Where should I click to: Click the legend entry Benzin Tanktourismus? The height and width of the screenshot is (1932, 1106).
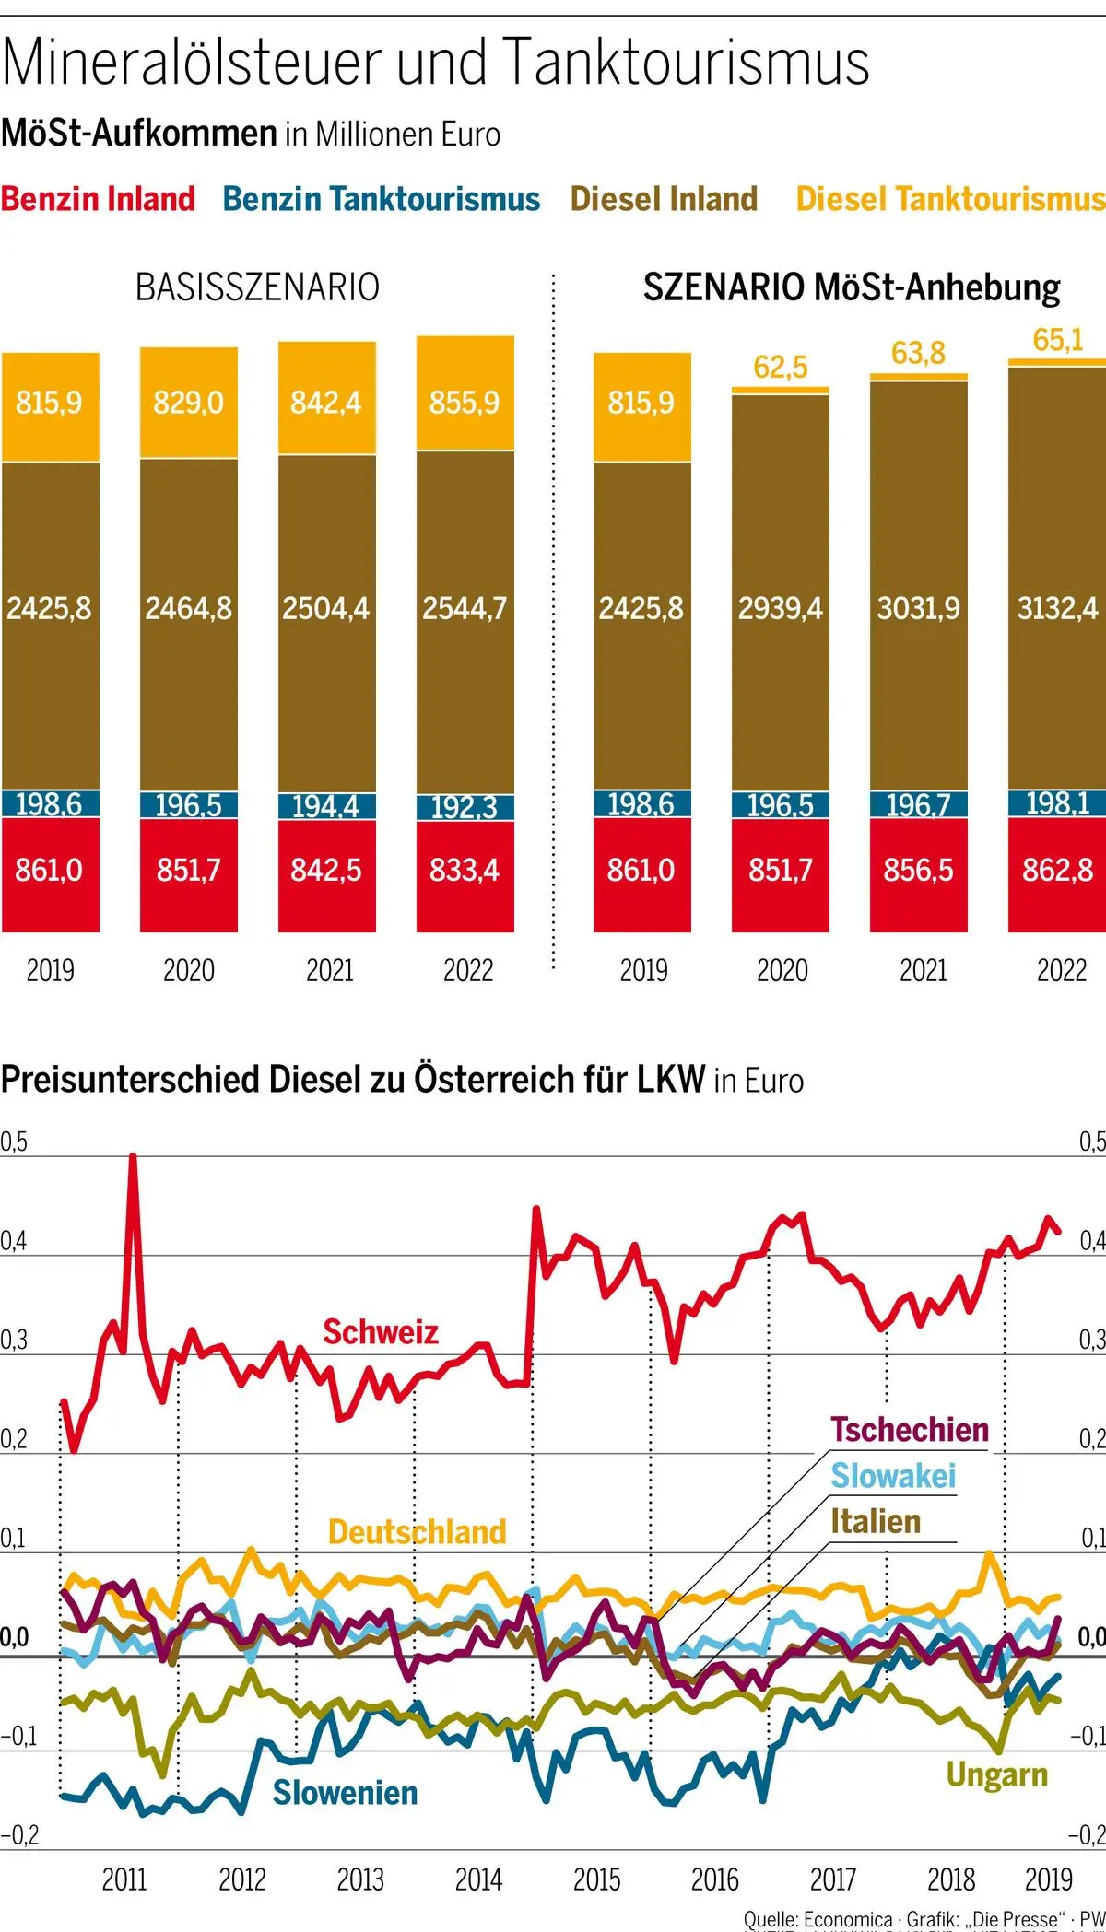tap(382, 199)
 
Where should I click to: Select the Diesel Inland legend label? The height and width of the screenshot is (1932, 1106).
tap(664, 199)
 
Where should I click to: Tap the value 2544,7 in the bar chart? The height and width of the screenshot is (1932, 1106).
tap(465, 608)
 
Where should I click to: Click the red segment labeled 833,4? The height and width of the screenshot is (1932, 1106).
tap(465, 871)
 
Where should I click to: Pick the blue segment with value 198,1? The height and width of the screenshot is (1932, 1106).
tap(1057, 803)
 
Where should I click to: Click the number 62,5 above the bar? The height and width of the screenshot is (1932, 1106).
tap(780, 368)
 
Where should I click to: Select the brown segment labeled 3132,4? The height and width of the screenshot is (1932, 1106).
tap(1057, 608)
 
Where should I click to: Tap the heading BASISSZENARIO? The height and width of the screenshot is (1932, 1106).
tap(257, 287)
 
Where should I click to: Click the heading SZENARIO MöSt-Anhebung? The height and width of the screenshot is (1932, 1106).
tap(852, 287)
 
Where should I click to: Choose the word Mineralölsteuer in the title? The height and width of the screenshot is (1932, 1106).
tap(193, 63)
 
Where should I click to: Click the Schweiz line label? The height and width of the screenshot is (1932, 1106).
tap(380, 1332)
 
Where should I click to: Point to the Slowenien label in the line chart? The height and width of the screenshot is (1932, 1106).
tap(345, 1793)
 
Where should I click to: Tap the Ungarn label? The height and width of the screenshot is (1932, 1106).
tap(996, 1774)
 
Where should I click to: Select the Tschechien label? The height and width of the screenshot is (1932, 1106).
tap(910, 1430)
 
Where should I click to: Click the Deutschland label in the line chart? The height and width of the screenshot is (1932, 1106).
tap(418, 1532)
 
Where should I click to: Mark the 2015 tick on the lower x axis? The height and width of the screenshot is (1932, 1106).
tap(596, 1879)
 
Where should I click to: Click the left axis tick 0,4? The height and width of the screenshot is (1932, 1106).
tap(13, 1241)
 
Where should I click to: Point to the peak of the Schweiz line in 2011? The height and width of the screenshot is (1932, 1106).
tap(133, 1157)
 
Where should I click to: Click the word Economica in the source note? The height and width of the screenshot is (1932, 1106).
tap(847, 1920)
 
